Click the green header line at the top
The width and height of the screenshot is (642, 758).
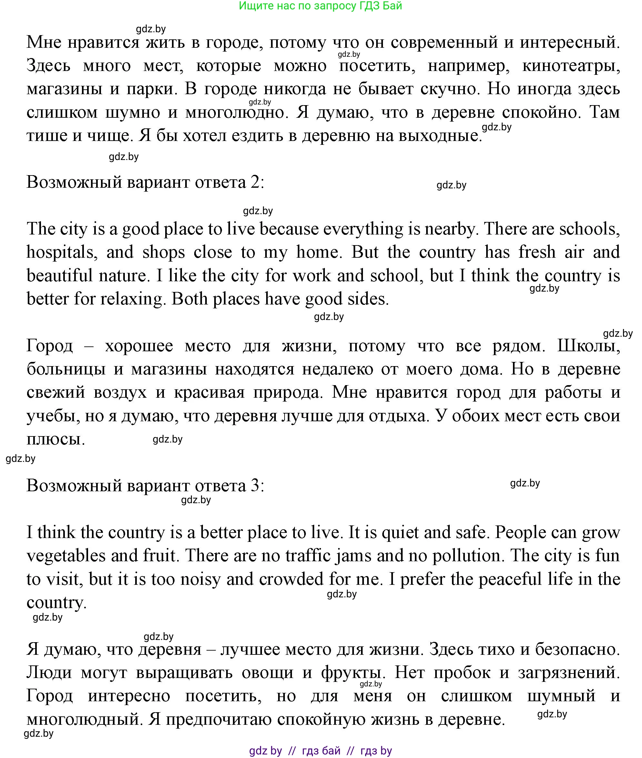tap(320, 6)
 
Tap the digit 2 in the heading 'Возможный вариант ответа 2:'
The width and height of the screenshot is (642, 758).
tap(255, 182)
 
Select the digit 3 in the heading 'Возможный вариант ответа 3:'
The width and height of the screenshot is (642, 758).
tap(255, 485)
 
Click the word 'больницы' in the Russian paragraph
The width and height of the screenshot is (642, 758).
tap(66, 369)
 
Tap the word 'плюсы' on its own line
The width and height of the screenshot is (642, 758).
tap(55, 439)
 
